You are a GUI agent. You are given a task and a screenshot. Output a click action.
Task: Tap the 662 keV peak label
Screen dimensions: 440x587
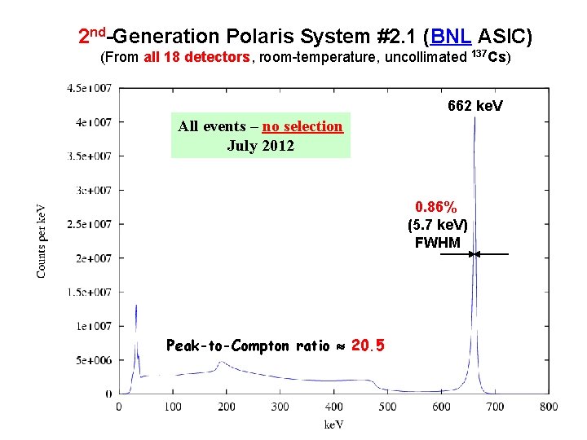tap(475, 107)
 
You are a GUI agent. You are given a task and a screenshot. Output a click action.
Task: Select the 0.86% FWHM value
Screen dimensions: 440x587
tap(437, 208)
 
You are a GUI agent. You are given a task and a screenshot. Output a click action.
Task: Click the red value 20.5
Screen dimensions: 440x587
tap(368, 345)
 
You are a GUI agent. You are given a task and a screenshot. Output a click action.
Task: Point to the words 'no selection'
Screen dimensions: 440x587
tap(302, 126)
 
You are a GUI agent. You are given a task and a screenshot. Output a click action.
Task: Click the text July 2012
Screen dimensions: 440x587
tap(260, 147)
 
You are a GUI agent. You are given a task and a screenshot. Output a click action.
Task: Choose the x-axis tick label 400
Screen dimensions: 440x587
tap(333, 407)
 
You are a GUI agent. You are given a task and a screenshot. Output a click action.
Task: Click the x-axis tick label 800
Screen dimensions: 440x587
tap(548, 407)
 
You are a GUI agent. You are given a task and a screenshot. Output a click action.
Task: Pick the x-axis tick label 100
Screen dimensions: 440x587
tap(173, 407)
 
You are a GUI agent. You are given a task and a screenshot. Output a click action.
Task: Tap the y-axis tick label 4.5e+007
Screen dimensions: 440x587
tap(90, 88)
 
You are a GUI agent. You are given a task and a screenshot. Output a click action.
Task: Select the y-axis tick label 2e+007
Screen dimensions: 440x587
tap(93, 258)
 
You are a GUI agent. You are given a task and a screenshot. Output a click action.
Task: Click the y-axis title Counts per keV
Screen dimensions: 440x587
tap(42, 241)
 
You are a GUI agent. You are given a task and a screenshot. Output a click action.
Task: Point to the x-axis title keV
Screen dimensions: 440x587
tap(334, 424)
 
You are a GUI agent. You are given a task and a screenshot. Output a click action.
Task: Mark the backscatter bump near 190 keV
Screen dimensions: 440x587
tap(219, 364)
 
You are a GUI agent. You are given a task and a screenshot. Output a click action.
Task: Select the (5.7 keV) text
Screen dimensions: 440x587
tap(437, 226)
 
